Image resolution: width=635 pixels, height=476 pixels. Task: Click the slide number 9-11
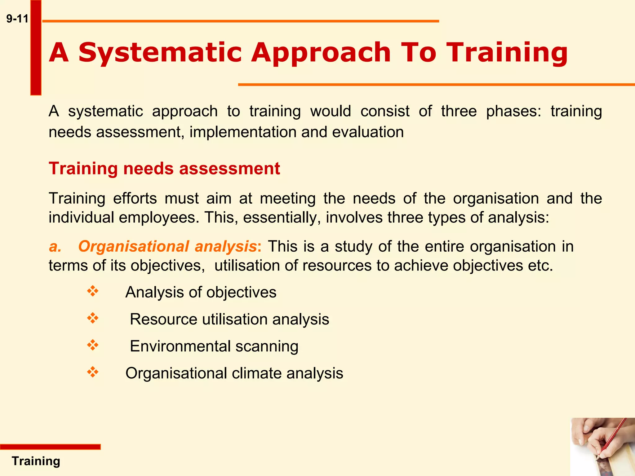click(x=17, y=19)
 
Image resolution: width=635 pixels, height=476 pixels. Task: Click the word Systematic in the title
click(x=160, y=53)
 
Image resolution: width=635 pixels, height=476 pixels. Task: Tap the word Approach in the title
click(x=321, y=53)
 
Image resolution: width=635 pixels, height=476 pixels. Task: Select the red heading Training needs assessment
click(x=164, y=169)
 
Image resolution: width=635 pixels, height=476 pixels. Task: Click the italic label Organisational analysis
click(x=167, y=247)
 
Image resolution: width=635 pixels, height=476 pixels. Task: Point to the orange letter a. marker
click(x=55, y=247)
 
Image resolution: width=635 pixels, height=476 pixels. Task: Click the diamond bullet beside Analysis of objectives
click(x=93, y=291)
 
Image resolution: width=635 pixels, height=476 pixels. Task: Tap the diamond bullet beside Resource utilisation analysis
click(x=93, y=318)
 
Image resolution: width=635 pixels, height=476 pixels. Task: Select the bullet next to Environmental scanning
click(x=93, y=345)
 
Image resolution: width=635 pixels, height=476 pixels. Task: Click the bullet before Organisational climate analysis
click(x=93, y=372)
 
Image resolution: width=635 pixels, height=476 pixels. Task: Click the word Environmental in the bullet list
click(x=180, y=346)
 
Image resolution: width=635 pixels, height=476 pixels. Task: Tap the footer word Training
click(x=36, y=461)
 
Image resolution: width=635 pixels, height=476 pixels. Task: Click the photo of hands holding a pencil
click(x=602, y=447)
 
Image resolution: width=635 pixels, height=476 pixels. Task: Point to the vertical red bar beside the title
click(x=36, y=47)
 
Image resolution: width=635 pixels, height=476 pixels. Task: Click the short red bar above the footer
click(x=50, y=447)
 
